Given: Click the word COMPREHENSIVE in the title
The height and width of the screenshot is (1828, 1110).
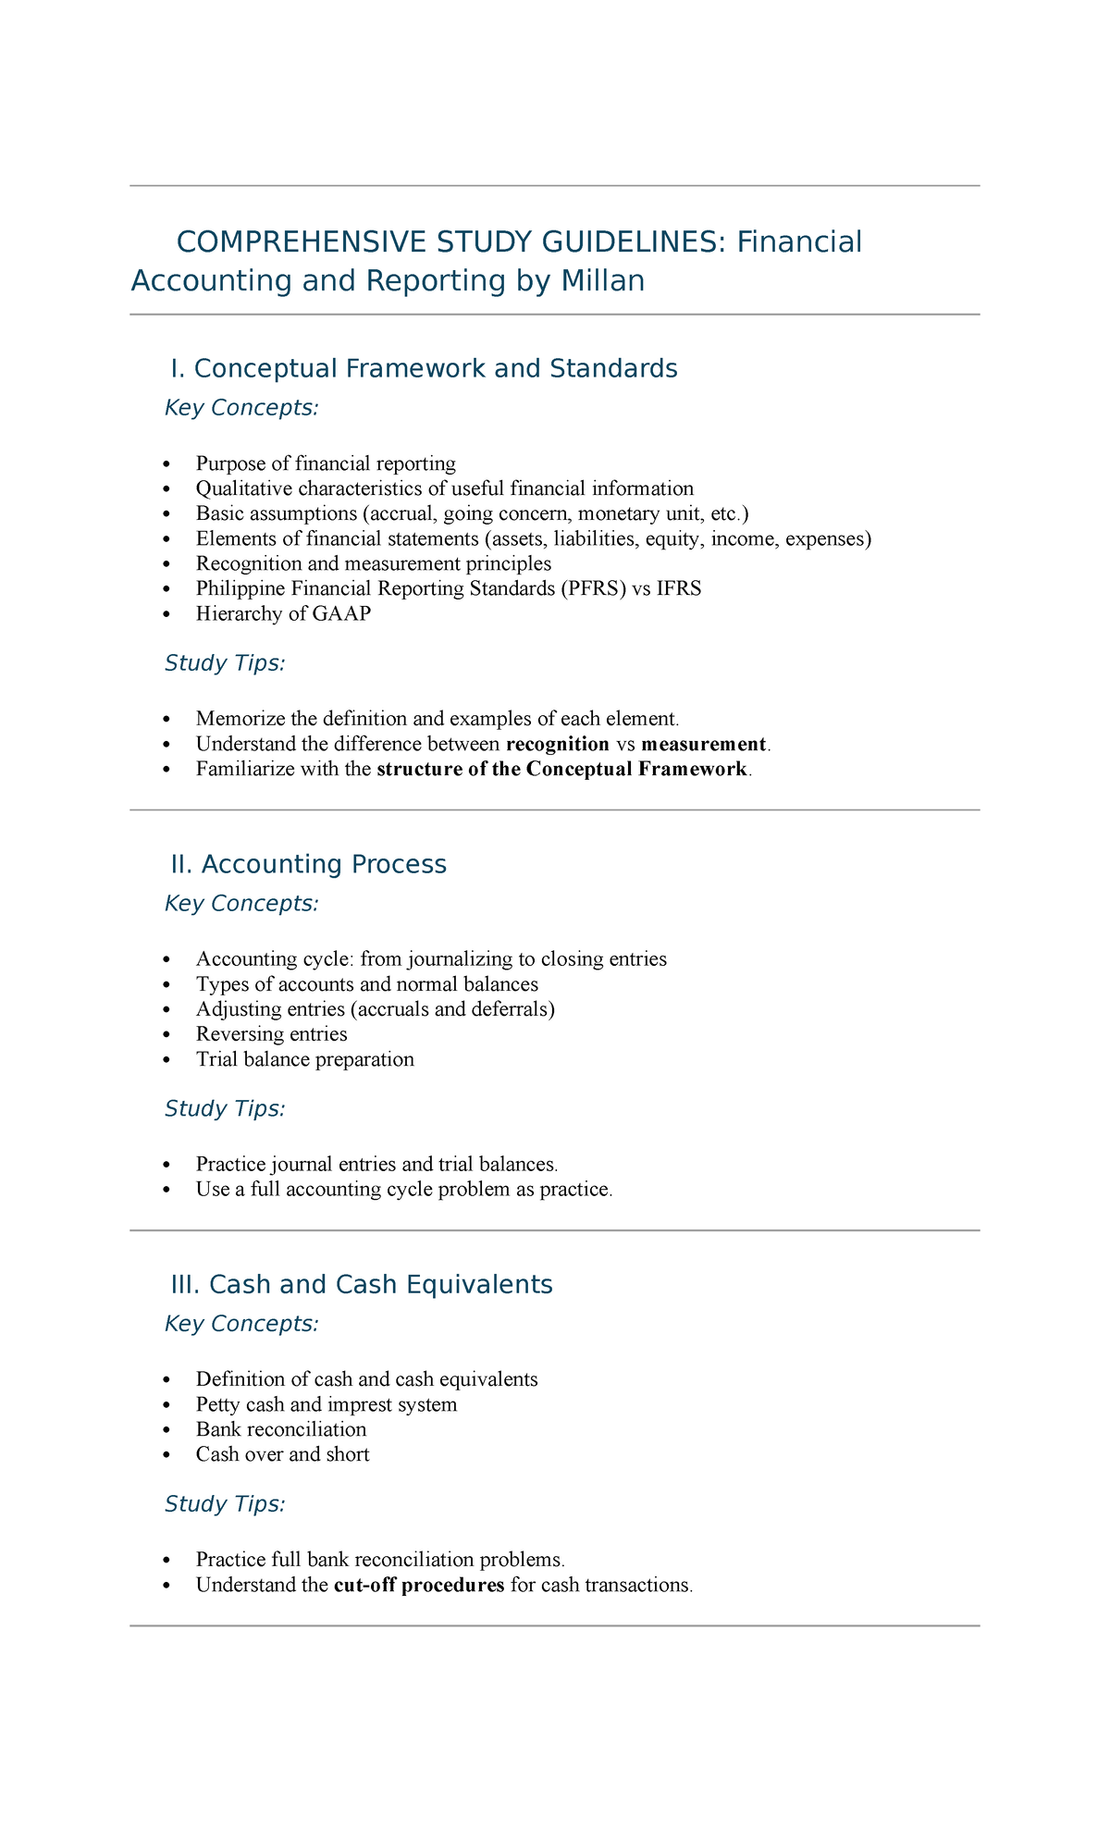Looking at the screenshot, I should [x=295, y=242].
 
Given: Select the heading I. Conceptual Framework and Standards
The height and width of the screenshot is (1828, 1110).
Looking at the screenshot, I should [x=424, y=369].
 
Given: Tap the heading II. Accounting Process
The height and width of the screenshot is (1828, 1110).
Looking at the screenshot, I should [x=308, y=864].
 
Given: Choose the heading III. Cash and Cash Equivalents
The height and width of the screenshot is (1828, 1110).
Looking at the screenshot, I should [x=362, y=1285].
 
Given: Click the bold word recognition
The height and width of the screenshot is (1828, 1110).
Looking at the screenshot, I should [x=558, y=744].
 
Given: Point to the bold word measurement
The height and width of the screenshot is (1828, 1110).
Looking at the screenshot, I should [x=703, y=744].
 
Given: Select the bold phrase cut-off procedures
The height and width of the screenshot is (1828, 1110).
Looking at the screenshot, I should [x=418, y=1585].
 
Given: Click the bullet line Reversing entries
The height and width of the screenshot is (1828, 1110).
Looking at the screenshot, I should [x=271, y=1034].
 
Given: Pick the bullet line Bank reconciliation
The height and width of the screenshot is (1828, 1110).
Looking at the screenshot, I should [x=281, y=1429].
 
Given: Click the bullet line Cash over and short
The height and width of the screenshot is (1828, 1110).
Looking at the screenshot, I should [x=282, y=1454].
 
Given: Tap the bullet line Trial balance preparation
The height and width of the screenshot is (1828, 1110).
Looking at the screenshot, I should [x=304, y=1059].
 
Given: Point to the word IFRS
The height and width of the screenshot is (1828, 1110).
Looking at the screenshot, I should [x=679, y=588].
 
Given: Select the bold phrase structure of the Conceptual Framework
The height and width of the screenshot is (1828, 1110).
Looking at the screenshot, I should [x=561, y=769].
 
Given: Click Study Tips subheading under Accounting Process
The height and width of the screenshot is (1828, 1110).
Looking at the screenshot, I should [x=225, y=1108].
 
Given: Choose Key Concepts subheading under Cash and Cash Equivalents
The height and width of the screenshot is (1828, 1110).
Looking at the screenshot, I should [x=241, y=1324].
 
